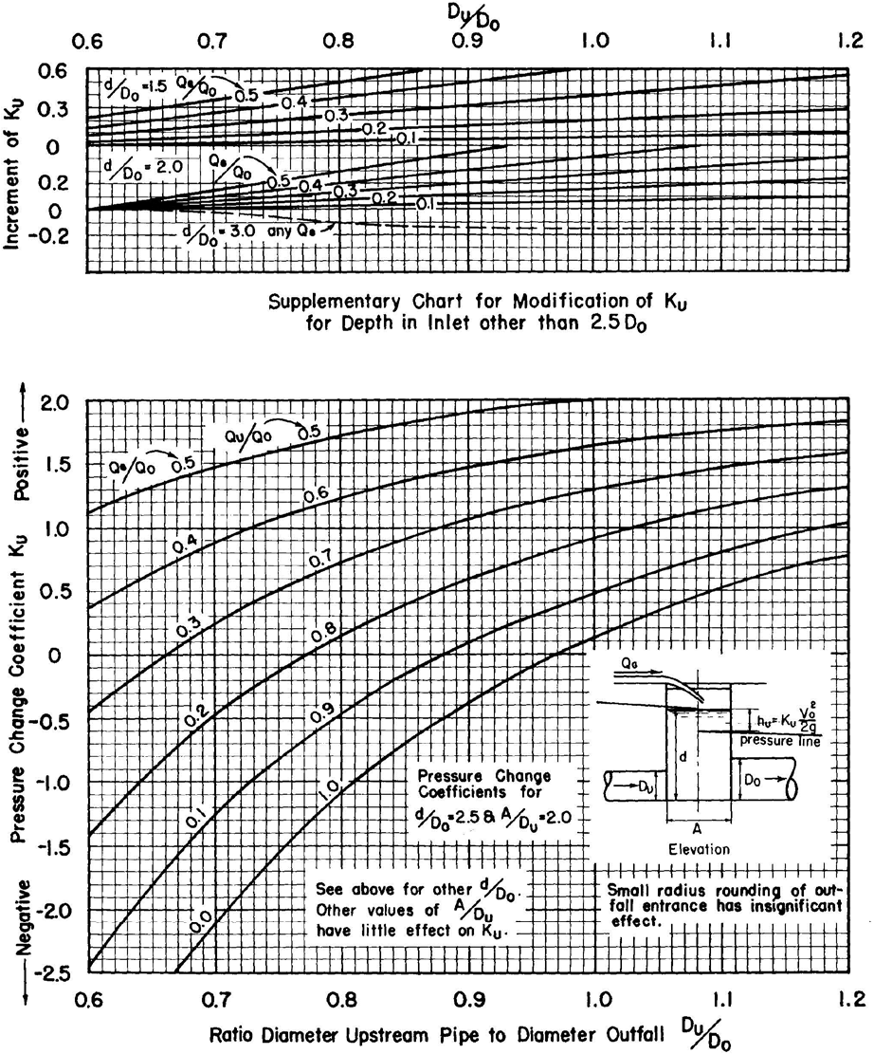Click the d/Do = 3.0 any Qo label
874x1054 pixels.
[256, 230]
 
